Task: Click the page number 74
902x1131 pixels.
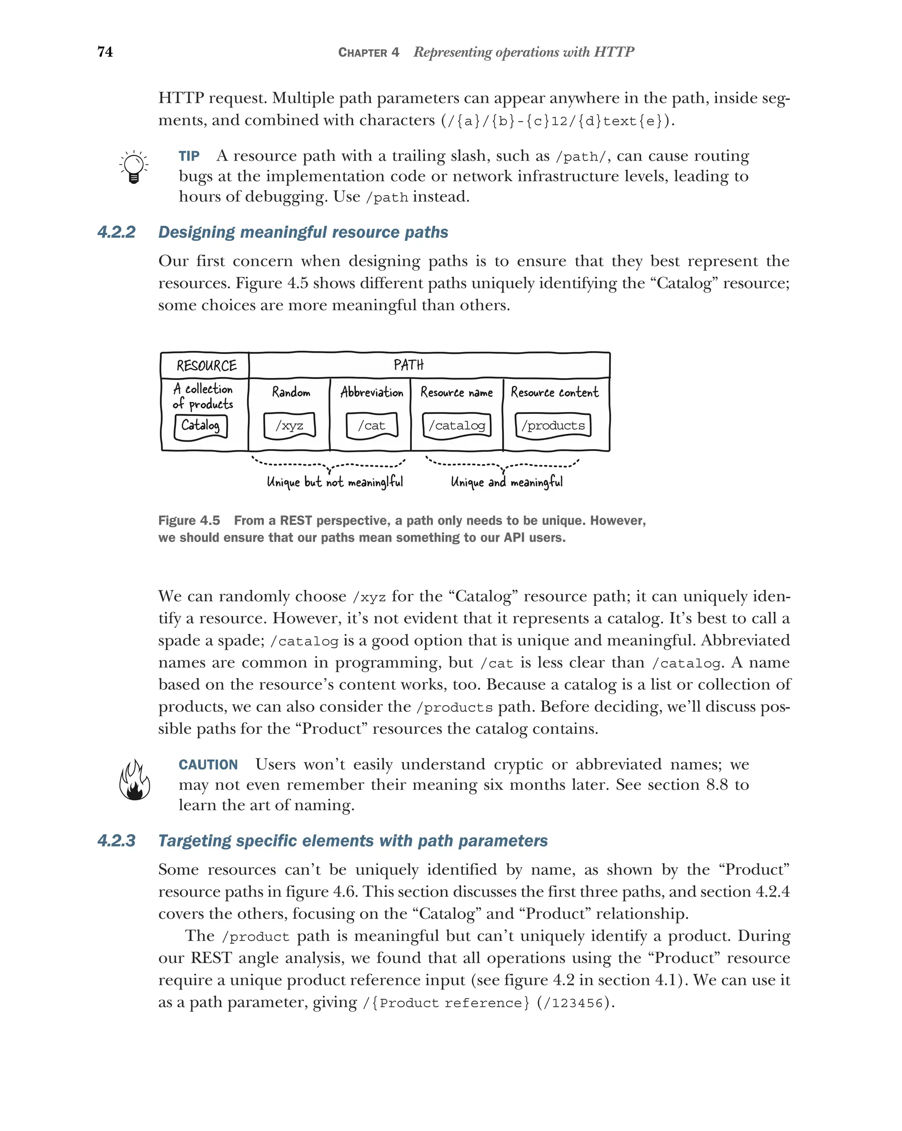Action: tap(105, 52)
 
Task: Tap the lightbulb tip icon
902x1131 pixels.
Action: tap(133, 167)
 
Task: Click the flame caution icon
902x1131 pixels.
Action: tap(134, 781)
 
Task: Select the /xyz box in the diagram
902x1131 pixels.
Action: tap(289, 425)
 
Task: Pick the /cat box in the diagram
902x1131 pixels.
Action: tap(372, 425)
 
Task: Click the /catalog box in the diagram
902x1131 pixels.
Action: tap(457, 425)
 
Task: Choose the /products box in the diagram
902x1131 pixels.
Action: tap(553, 425)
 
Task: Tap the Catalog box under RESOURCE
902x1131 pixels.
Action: tap(200, 425)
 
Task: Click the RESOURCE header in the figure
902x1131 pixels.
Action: tap(206, 365)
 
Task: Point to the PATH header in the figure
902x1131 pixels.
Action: tap(409, 365)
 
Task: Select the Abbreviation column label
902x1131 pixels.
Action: tap(372, 392)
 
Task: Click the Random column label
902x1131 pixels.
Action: tap(291, 392)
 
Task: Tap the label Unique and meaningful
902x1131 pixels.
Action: tap(506, 482)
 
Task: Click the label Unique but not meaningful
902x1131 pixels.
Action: tap(335, 482)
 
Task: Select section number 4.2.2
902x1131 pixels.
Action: tap(116, 232)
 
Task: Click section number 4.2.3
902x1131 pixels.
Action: tap(116, 840)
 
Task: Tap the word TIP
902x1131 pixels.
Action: tap(189, 156)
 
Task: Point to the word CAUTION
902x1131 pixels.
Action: tap(208, 764)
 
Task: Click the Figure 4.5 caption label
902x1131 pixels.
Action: tap(189, 520)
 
